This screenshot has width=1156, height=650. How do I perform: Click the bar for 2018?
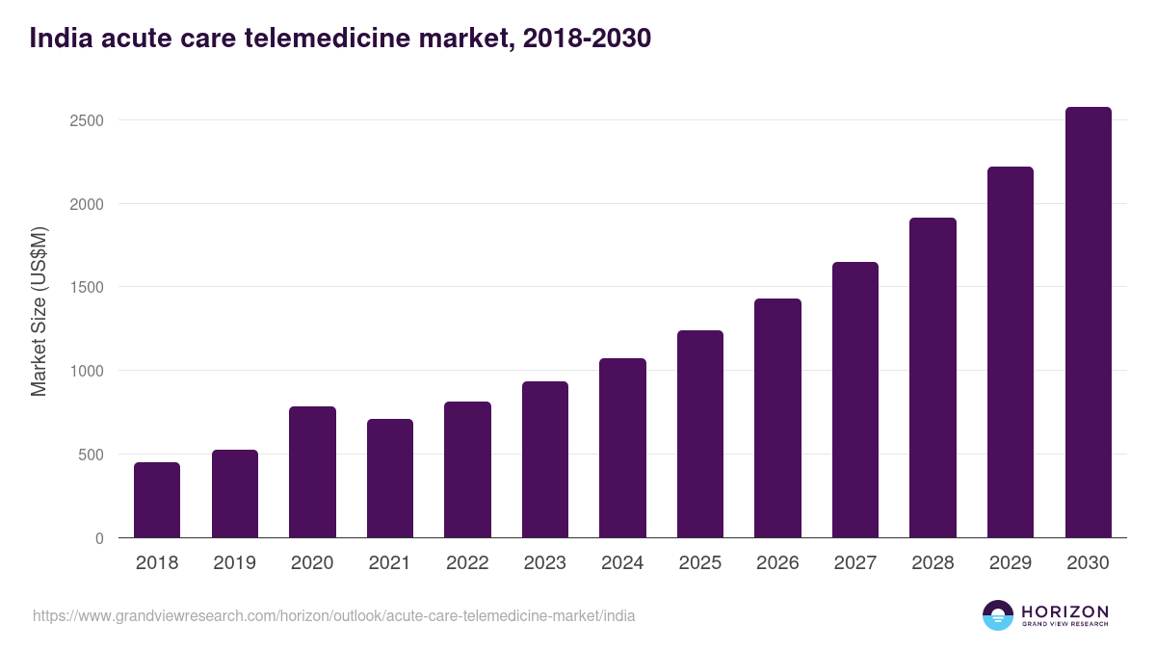point(157,500)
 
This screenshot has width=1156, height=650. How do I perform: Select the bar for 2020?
point(312,472)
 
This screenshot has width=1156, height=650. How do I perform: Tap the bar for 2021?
point(390,479)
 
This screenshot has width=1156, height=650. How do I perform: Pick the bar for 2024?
point(622,448)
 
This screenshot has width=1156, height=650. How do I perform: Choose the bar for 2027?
point(855,400)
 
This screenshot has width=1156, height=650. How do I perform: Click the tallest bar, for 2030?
point(1088,323)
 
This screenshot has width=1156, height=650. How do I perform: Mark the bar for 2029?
point(1011,352)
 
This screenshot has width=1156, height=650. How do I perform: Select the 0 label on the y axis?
point(99,538)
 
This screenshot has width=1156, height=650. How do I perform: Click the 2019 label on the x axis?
point(234,563)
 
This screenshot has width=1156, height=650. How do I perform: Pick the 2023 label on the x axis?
point(544,563)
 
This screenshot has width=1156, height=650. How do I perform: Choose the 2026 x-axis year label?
point(777,563)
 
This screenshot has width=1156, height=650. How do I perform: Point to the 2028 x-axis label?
point(933,563)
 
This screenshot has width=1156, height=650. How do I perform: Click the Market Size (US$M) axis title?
point(39,311)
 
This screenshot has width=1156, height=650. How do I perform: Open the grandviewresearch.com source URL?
point(333,615)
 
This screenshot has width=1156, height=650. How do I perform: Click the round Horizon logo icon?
point(998,615)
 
